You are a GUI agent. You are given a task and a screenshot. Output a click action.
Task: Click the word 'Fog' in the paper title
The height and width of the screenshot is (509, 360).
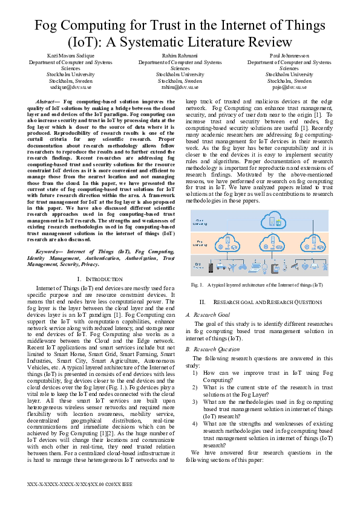(x=51, y=26)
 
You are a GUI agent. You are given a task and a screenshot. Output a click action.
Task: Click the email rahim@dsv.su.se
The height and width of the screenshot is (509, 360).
(x=180, y=86)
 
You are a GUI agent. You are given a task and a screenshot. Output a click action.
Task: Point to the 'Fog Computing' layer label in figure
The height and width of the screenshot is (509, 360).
(x=198, y=243)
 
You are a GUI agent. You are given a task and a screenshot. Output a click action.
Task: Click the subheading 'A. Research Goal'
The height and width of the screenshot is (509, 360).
(x=208, y=314)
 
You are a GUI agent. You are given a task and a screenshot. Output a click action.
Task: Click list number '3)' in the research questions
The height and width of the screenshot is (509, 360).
(x=195, y=401)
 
